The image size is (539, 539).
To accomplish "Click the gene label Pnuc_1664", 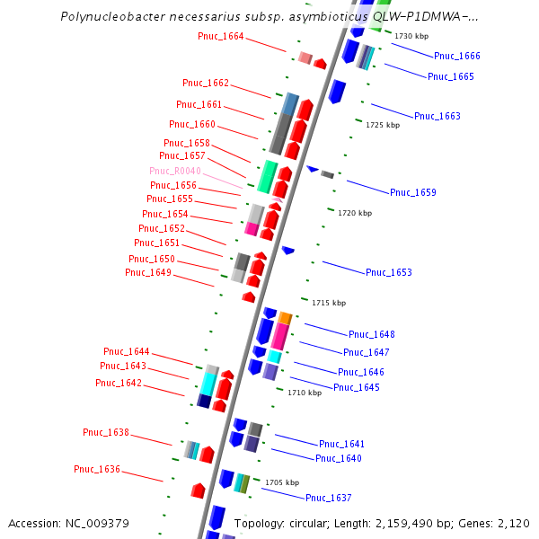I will point(220,36).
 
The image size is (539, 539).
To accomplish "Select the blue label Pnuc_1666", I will point(456,56).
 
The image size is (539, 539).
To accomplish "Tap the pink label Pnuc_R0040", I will point(174,171).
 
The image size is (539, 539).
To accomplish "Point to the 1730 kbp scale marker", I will point(411,36).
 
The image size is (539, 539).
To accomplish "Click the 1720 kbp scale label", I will point(354,213).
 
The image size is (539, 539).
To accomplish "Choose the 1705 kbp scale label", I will point(280,482).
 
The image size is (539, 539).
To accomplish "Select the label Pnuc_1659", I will point(412,192).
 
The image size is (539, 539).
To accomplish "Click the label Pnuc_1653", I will point(388,272).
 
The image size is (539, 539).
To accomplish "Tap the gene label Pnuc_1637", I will point(328,498).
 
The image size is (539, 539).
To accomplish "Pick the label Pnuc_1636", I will point(97,469).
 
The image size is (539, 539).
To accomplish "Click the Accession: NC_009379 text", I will point(68,523).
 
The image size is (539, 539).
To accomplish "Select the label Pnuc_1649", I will point(147,272).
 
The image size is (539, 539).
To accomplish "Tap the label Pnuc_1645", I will point(356,387).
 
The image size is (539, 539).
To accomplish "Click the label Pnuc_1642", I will point(119,383).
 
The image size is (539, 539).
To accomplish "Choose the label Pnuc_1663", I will point(437,116).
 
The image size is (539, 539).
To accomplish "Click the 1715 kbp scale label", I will point(328,303).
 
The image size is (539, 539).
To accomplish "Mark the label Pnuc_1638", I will point(106,432).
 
